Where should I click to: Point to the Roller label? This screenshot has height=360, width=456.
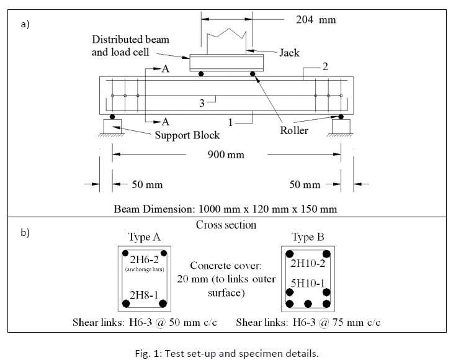[294, 130]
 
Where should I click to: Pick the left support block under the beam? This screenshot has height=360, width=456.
[112, 126]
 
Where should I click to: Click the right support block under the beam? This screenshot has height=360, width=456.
[342, 126]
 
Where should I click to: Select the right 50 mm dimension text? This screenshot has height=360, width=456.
[305, 184]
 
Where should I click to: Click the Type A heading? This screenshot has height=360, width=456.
[143, 237]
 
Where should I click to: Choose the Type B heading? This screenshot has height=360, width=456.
[308, 237]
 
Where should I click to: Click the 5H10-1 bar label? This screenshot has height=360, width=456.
[308, 283]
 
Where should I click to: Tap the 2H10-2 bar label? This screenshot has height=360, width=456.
[308, 263]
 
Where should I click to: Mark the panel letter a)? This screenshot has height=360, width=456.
[25, 25]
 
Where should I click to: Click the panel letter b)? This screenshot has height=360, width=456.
[25, 233]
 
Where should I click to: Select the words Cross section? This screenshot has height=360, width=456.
[226, 225]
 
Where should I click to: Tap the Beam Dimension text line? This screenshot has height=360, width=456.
[225, 207]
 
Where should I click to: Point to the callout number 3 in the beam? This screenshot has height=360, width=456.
[202, 103]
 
